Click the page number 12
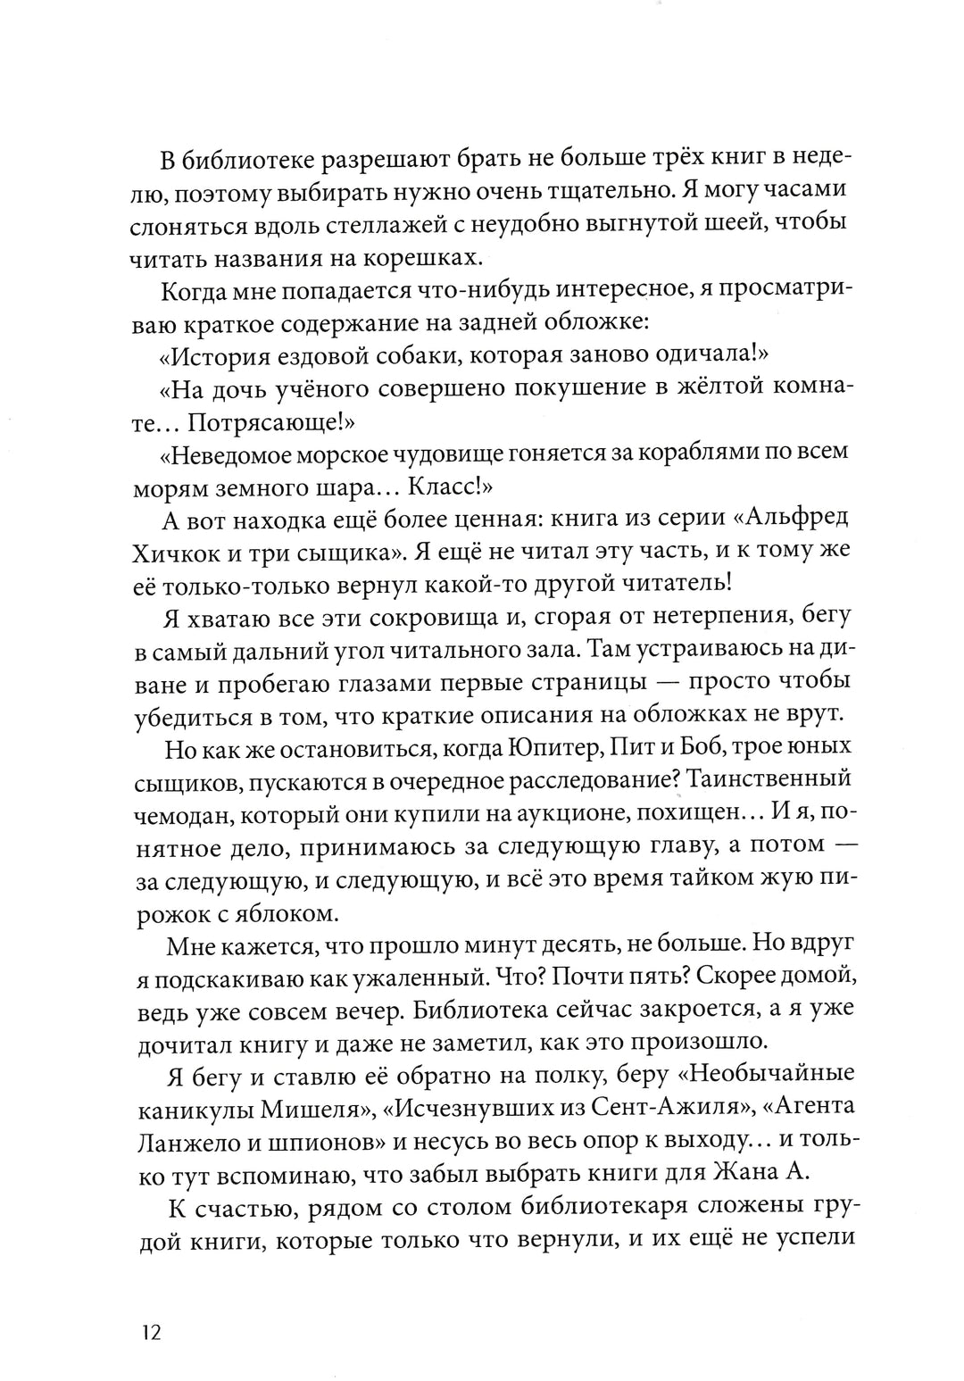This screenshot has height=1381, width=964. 148,1335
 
